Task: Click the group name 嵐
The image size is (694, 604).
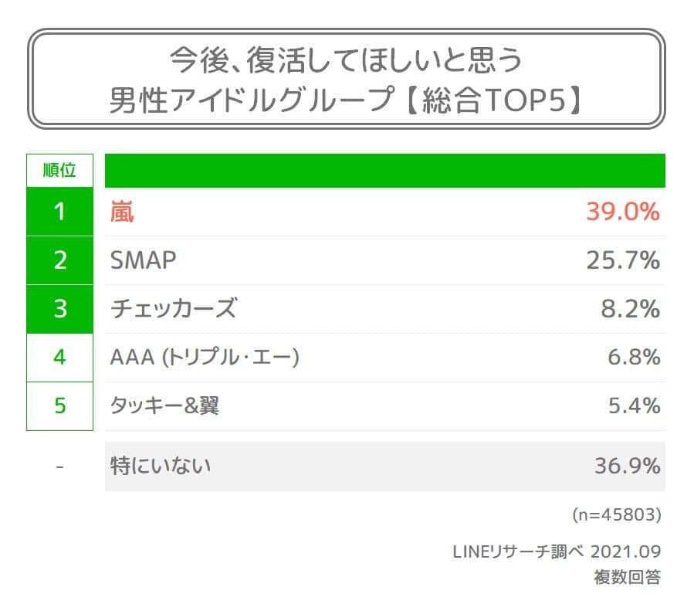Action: (x=122, y=212)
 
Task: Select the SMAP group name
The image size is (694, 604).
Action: (x=144, y=261)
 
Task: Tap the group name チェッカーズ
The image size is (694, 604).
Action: (x=172, y=309)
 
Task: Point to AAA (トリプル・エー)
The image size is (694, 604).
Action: (x=205, y=358)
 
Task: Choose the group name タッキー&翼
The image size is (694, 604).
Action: (x=164, y=405)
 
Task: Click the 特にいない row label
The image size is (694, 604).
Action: (x=161, y=467)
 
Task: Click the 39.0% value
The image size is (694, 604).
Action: (x=622, y=212)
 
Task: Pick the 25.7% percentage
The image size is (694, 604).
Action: (x=622, y=261)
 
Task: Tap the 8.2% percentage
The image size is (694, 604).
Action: (x=630, y=309)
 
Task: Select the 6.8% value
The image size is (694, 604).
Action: (x=633, y=358)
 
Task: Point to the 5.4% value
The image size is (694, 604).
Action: (x=633, y=405)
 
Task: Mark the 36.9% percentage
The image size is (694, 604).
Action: (x=627, y=467)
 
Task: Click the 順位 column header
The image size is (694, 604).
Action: (x=59, y=171)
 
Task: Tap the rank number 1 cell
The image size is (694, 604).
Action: (x=59, y=212)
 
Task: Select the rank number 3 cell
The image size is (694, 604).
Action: (x=59, y=309)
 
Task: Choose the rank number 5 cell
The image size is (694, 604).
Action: (x=59, y=405)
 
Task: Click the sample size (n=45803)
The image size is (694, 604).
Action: (x=616, y=514)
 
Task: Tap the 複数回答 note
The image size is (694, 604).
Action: (x=627, y=576)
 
